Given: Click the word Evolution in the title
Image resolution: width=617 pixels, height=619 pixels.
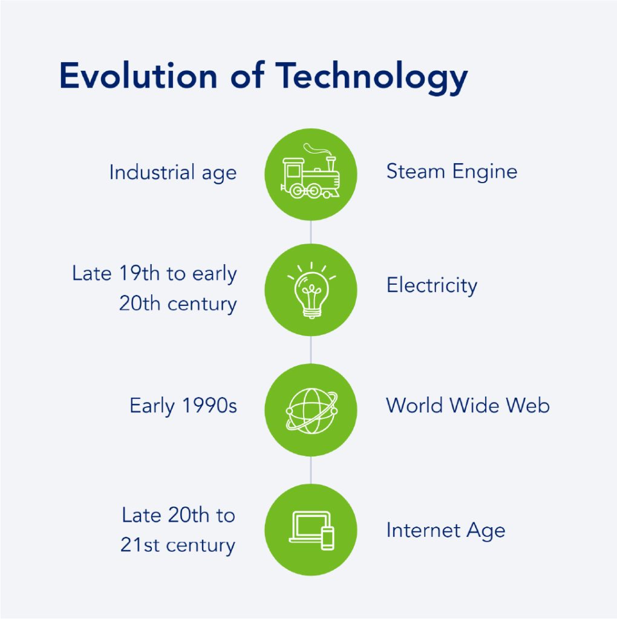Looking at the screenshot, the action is pos(139,76).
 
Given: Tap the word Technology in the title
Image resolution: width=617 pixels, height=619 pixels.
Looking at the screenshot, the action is pos(371,78).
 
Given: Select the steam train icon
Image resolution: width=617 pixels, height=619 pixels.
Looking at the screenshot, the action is pos(310,171).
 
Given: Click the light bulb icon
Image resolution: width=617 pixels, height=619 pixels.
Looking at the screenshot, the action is pos(312,290).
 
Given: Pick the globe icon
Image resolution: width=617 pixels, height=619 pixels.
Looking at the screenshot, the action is pos(312,410).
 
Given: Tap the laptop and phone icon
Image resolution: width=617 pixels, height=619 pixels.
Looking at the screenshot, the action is pos(312,530).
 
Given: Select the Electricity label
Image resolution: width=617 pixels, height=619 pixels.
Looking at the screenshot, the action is pos(432,286).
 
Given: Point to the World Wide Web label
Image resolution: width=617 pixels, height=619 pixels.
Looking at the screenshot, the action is pos(468,406).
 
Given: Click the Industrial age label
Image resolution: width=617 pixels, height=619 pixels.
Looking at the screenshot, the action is pos(173,173).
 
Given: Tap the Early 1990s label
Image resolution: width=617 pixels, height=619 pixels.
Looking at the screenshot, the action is pos(183,406).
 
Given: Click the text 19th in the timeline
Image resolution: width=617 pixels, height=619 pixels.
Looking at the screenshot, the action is pos(139,273).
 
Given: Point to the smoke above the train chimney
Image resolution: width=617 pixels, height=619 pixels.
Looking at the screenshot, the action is pos(316,149).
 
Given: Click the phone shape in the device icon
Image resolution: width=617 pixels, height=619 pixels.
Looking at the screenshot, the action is pos(328,538).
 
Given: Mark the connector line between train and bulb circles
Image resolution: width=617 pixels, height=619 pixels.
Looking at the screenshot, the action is pos(311,232).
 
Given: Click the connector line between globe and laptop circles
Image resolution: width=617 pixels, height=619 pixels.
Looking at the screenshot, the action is pos(311,470).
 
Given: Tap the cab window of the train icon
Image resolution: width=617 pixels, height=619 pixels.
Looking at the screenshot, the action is pos(293,171).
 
